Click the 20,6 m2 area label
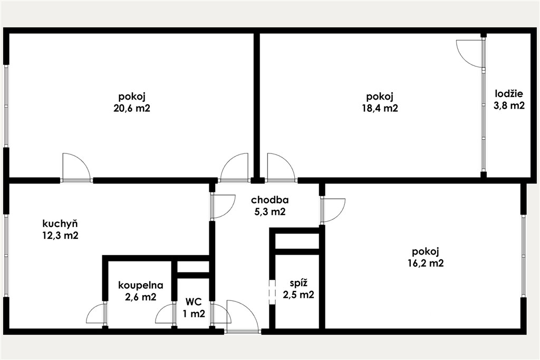(132, 109)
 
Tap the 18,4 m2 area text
(380, 109)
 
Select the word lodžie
(509, 94)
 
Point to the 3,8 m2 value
(509, 105)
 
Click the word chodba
(269, 200)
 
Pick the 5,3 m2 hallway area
(269, 212)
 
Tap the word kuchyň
(60, 223)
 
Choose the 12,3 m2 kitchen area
(60, 236)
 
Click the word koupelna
(140, 285)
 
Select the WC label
(194, 302)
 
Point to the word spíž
(298, 283)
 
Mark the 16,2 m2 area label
(426, 264)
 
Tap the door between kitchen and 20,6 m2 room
(76, 167)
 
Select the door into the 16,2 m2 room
(333, 210)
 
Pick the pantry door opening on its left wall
(272, 292)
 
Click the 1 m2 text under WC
(194, 314)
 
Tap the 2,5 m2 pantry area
(298, 295)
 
